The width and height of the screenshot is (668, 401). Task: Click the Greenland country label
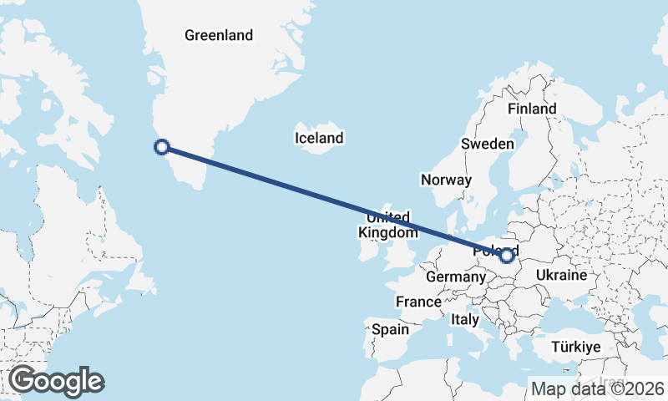tap(219, 35)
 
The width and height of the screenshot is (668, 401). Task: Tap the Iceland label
tap(319, 138)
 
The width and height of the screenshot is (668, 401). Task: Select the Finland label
tap(532, 109)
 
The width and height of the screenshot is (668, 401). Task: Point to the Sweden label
tap(488, 144)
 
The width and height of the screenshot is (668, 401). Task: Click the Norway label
tap(447, 180)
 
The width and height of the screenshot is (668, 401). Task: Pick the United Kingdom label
tap(387, 225)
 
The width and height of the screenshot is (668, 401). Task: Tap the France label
tap(418, 302)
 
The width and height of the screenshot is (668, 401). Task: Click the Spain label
tap(390, 329)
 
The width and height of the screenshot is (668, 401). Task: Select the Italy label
tap(465, 319)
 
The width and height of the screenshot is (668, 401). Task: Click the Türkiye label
tap(577, 346)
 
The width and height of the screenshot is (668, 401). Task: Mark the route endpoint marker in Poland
tap(506, 256)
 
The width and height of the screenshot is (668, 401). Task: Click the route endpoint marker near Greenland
tap(162, 148)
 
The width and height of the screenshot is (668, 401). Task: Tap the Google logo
tap(57, 381)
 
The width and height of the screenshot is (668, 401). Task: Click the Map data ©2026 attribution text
tap(598, 388)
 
